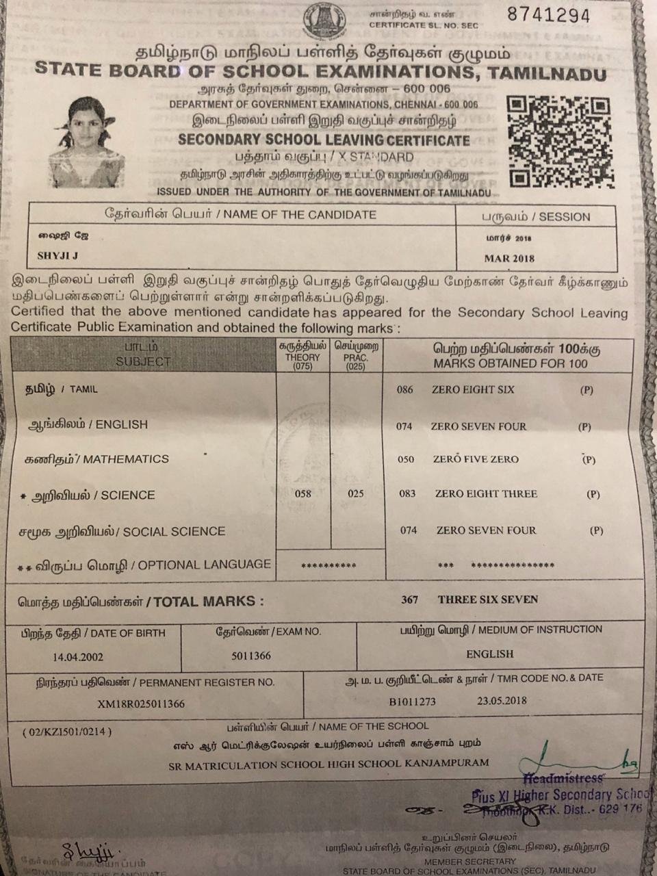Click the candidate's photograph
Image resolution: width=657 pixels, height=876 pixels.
[84, 144]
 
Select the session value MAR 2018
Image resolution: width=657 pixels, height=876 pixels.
[509, 259]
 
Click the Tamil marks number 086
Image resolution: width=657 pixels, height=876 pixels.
[405, 389]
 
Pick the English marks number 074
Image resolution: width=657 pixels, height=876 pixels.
[404, 426]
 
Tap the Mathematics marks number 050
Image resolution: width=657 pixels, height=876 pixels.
[406, 459]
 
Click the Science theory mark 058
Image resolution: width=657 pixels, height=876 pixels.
[302, 494]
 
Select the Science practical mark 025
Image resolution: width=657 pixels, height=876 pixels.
[355, 494]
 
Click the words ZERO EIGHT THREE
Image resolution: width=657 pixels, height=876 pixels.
[486, 494]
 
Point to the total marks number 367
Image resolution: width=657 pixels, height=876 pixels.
[409, 600]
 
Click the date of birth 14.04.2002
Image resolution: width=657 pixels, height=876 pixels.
[78, 656]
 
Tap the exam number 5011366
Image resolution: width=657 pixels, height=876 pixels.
[250, 656]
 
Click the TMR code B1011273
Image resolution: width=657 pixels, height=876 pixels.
[412, 701]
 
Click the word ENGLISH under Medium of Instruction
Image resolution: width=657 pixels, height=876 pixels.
[489, 654]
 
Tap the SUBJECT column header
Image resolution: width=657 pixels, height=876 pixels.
[143, 361]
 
